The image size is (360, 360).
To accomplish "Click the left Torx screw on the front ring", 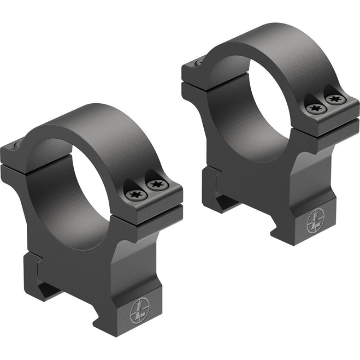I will point(134,194).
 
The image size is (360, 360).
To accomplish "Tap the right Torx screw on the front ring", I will point(157,184).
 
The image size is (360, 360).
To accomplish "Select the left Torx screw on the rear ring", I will point(314,109).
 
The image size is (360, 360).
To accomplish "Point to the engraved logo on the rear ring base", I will point(315,222).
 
